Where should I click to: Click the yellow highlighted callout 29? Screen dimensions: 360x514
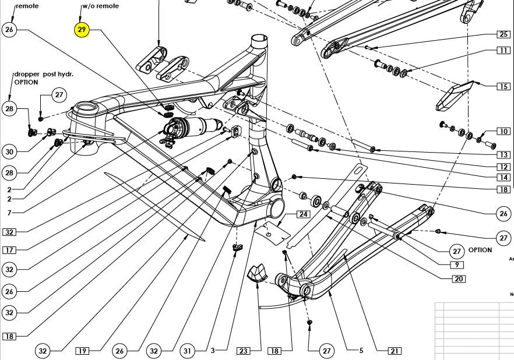pyautogui.click(x=82, y=29)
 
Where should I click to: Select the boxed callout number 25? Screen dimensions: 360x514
pyautogui.click(x=504, y=34)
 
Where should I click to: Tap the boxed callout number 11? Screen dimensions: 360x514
pyautogui.click(x=504, y=51)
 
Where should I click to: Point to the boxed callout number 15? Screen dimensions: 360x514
pyautogui.click(x=504, y=87)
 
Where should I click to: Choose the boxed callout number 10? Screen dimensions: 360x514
pyautogui.click(x=504, y=132)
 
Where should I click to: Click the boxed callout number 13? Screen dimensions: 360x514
pyautogui.click(x=504, y=154)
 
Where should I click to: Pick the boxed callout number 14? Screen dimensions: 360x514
pyautogui.click(x=504, y=177)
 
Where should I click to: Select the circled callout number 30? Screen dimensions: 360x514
pyautogui.click(x=9, y=151)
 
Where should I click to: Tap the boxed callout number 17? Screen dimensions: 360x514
pyautogui.click(x=9, y=250)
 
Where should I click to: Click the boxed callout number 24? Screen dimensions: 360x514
pyautogui.click(x=304, y=214)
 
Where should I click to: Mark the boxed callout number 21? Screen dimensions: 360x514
pyautogui.click(x=395, y=351)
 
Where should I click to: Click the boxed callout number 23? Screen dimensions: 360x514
pyautogui.click(x=243, y=351)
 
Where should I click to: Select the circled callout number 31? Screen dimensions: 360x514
pyautogui.click(x=187, y=351)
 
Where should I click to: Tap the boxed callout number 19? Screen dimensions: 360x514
pyautogui.click(x=82, y=351)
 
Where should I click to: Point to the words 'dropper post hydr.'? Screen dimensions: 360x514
pyautogui.click(x=44, y=75)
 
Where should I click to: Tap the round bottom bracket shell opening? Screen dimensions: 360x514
pyautogui.click(x=278, y=207)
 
